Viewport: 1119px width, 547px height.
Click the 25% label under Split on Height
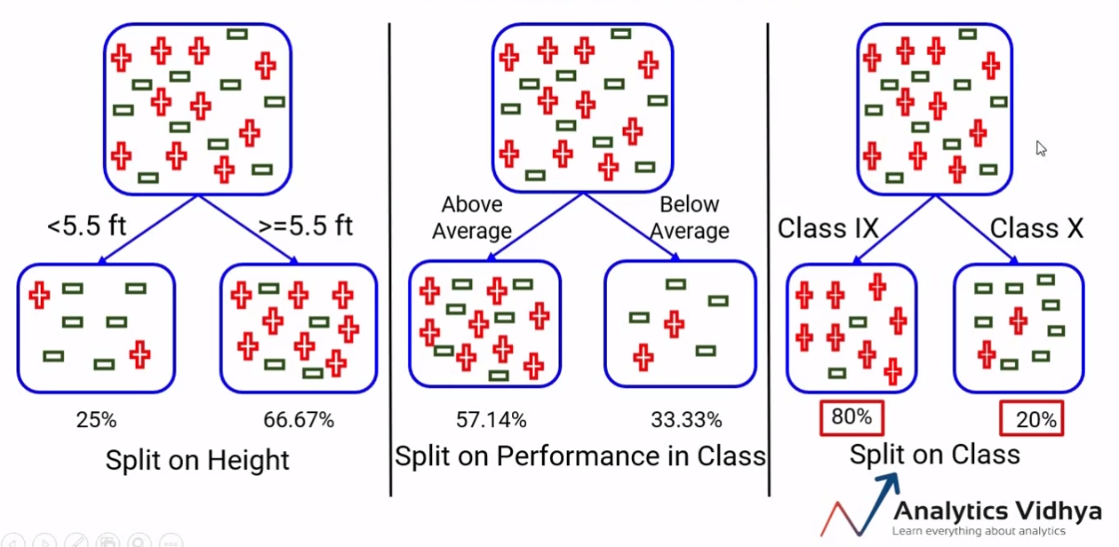(x=96, y=420)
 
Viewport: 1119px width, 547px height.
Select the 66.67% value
(x=299, y=420)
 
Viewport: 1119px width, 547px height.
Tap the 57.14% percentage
(x=491, y=419)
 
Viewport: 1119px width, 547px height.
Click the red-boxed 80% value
(x=851, y=416)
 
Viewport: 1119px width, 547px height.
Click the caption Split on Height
(x=197, y=460)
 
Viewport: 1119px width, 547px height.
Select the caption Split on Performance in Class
(x=579, y=456)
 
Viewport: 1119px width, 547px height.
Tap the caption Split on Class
(x=934, y=454)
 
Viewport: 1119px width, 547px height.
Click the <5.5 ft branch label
(x=86, y=226)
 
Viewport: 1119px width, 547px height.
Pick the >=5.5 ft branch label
(x=305, y=226)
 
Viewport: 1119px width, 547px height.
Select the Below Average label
(x=689, y=218)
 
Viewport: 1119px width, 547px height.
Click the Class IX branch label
(x=827, y=228)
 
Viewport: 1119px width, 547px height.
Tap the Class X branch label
(x=1036, y=228)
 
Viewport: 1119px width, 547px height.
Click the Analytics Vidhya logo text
(x=996, y=511)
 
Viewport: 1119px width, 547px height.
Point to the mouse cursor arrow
(x=1041, y=148)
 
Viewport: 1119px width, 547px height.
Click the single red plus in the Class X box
(x=1019, y=320)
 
